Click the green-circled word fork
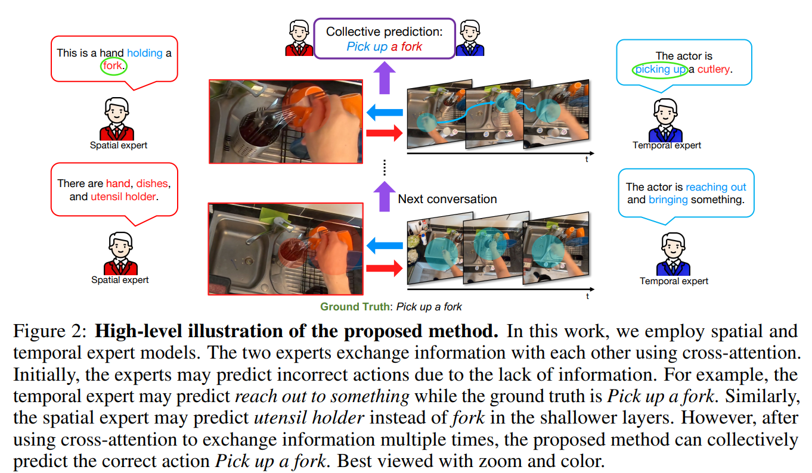tap(113, 66)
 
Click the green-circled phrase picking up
tap(660, 70)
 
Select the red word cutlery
tap(714, 70)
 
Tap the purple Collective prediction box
tap(385, 39)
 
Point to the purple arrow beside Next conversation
tap(385, 197)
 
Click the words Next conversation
tap(447, 199)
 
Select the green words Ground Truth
tap(355, 307)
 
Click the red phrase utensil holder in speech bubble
tap(123, 197)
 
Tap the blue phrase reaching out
tap(716, 187)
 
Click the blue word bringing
tap(668, 200)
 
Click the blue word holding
tap(144, 53)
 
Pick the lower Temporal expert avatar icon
tap(673, 255)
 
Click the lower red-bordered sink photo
tap(286, 248)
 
